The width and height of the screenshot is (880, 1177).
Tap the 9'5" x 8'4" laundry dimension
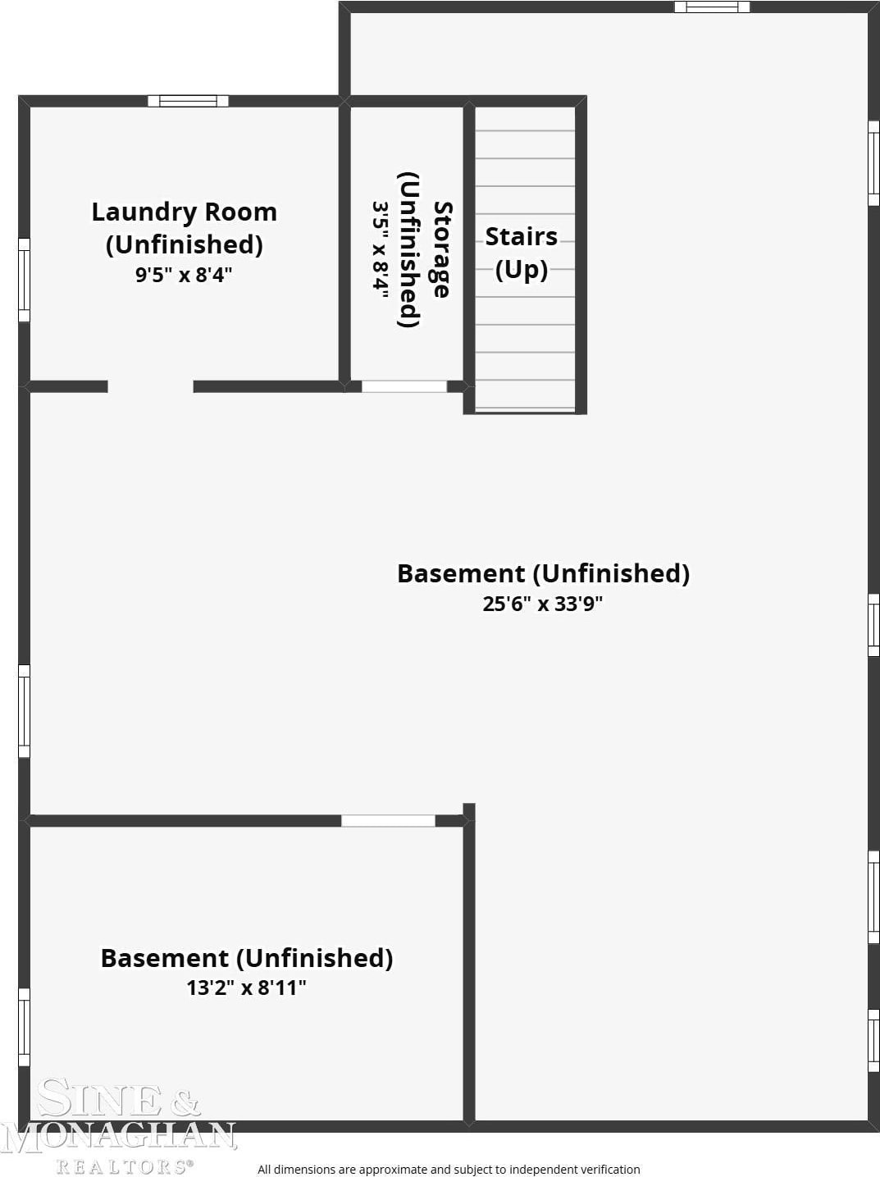tap(184, 275)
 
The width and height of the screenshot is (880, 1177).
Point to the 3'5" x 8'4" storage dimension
tap(380, 249)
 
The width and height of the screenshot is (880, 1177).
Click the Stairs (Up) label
tap(521, 253)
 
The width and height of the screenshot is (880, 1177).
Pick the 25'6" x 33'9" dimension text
tap(542, 604)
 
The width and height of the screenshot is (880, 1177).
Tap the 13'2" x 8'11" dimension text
tap(246, 988)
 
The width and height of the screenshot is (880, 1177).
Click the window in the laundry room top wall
tap(188, 101)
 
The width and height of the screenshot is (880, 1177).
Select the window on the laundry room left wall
tap(24, 280)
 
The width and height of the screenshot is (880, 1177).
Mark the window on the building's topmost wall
tap(712, 7)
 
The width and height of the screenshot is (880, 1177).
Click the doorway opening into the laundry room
tap(150, 386)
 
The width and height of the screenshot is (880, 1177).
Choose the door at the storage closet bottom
tap(404, 386)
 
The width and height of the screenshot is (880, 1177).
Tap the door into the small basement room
tap(388, 820)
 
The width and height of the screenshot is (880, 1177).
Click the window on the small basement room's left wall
tap(24, 1027)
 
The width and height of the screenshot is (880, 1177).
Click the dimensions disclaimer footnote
tap(449, 1169)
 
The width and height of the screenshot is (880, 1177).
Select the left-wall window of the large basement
tap(24, 710)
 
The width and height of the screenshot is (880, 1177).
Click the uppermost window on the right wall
tap(874, 163)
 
